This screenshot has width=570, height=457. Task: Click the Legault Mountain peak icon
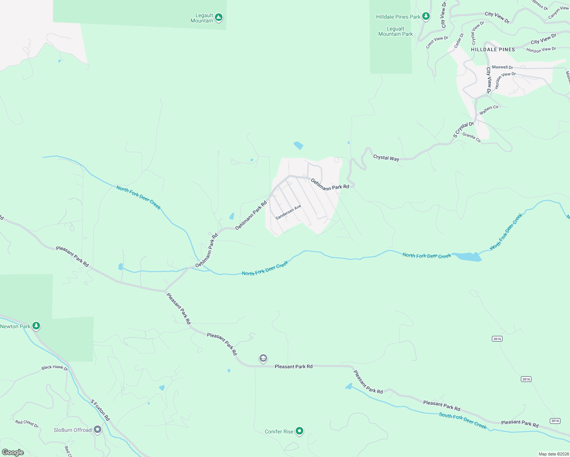[218, 17]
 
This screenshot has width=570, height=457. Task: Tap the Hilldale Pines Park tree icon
[426, 16]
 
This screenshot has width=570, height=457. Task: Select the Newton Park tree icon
[36, 326]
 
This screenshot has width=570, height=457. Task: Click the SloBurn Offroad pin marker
[98, 430]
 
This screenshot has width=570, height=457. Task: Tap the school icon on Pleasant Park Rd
[263, 358]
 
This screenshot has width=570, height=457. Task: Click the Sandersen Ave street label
[288, 212]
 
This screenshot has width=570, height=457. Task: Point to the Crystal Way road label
[386, 158]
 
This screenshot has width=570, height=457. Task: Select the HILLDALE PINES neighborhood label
[493, 50]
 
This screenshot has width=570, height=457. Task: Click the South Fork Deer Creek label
[463, 420]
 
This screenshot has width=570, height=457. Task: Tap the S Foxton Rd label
[100, 410]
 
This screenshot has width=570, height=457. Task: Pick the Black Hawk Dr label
[54, 368]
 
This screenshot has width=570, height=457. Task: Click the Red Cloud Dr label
[27, 423]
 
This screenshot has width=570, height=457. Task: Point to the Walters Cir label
[489, 110]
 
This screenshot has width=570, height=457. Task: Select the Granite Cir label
[472, 137]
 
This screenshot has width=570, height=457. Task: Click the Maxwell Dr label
[502, 67]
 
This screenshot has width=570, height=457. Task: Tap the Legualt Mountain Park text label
[395, 31]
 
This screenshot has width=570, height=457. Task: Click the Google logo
[13, 452]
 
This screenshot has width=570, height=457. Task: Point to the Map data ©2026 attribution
[553, 454]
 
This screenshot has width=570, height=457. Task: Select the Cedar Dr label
[459, 41]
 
